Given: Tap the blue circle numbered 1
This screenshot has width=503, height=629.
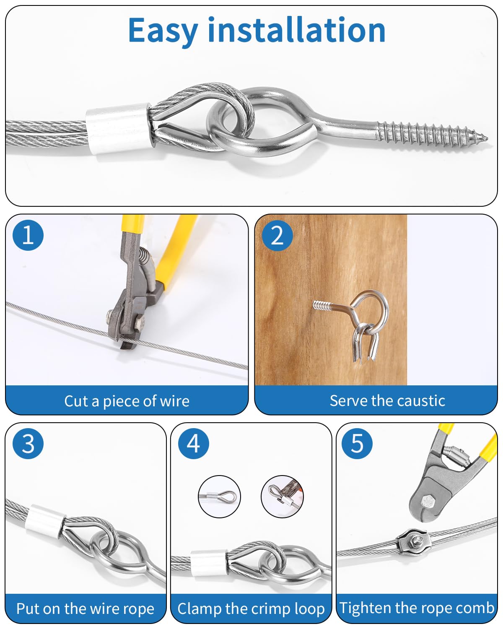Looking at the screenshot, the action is [x=28, y=235].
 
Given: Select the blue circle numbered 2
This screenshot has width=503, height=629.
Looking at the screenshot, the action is [x=277, y=236].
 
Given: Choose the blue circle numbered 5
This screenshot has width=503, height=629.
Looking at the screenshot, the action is [x=357, y=443].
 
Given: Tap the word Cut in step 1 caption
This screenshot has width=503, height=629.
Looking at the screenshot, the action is [x=77, y=401].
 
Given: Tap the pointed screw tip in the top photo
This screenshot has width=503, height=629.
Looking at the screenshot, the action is [x=485, y=137].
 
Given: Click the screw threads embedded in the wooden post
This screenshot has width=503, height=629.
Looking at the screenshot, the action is [x=322, y=305].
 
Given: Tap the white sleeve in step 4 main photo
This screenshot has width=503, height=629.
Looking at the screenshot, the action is [x=208, y=563].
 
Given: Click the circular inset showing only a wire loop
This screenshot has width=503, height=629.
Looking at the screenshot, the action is [x=220, y=496].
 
